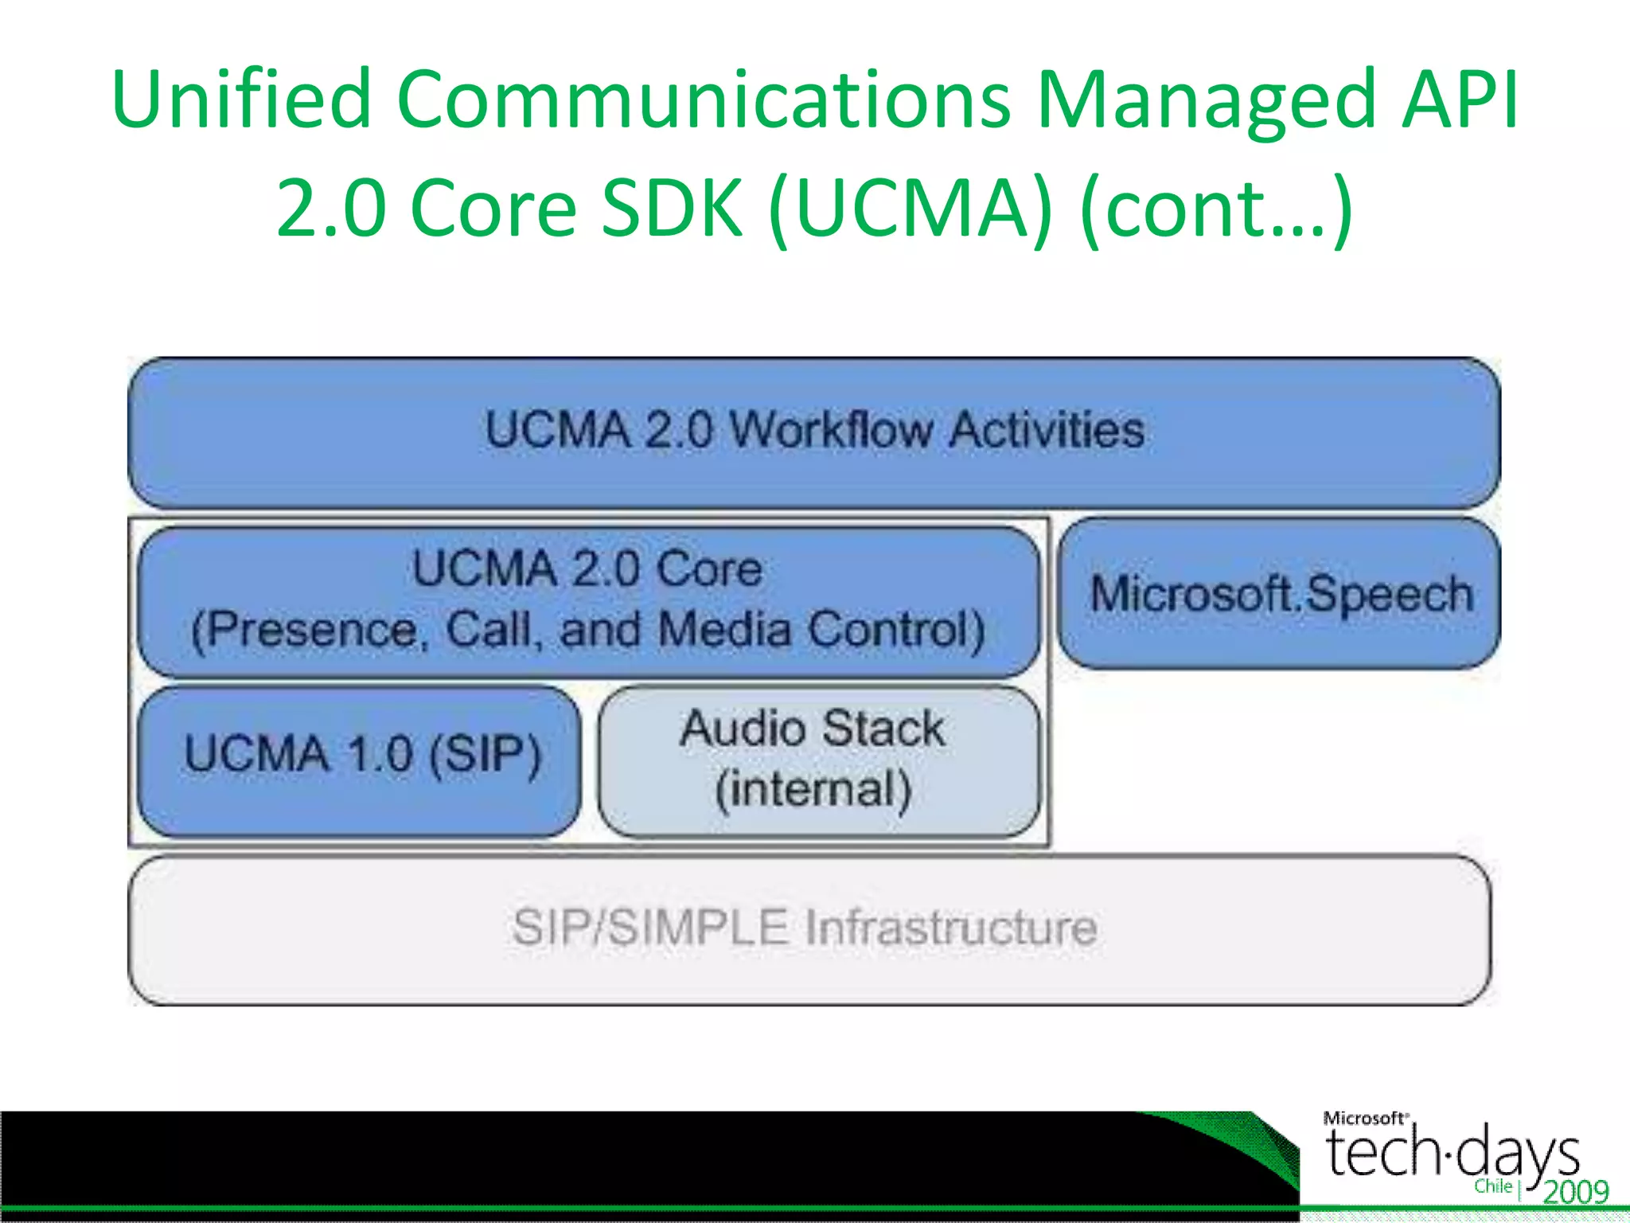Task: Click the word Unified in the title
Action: click(x=242, y=100)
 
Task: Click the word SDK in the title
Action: click(x=673, y=209)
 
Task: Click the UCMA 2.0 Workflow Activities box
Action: click(x=813, y=432)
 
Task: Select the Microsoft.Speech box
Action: click(x=1280, y=594)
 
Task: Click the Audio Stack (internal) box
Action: click(x=818, y=760)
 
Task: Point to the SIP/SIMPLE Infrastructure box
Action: click(x=807, y=928)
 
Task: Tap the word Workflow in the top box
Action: click(x=831, y=431)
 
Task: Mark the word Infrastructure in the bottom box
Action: click(x=952, y=928)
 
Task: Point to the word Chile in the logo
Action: click(x=1493, y=1186)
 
